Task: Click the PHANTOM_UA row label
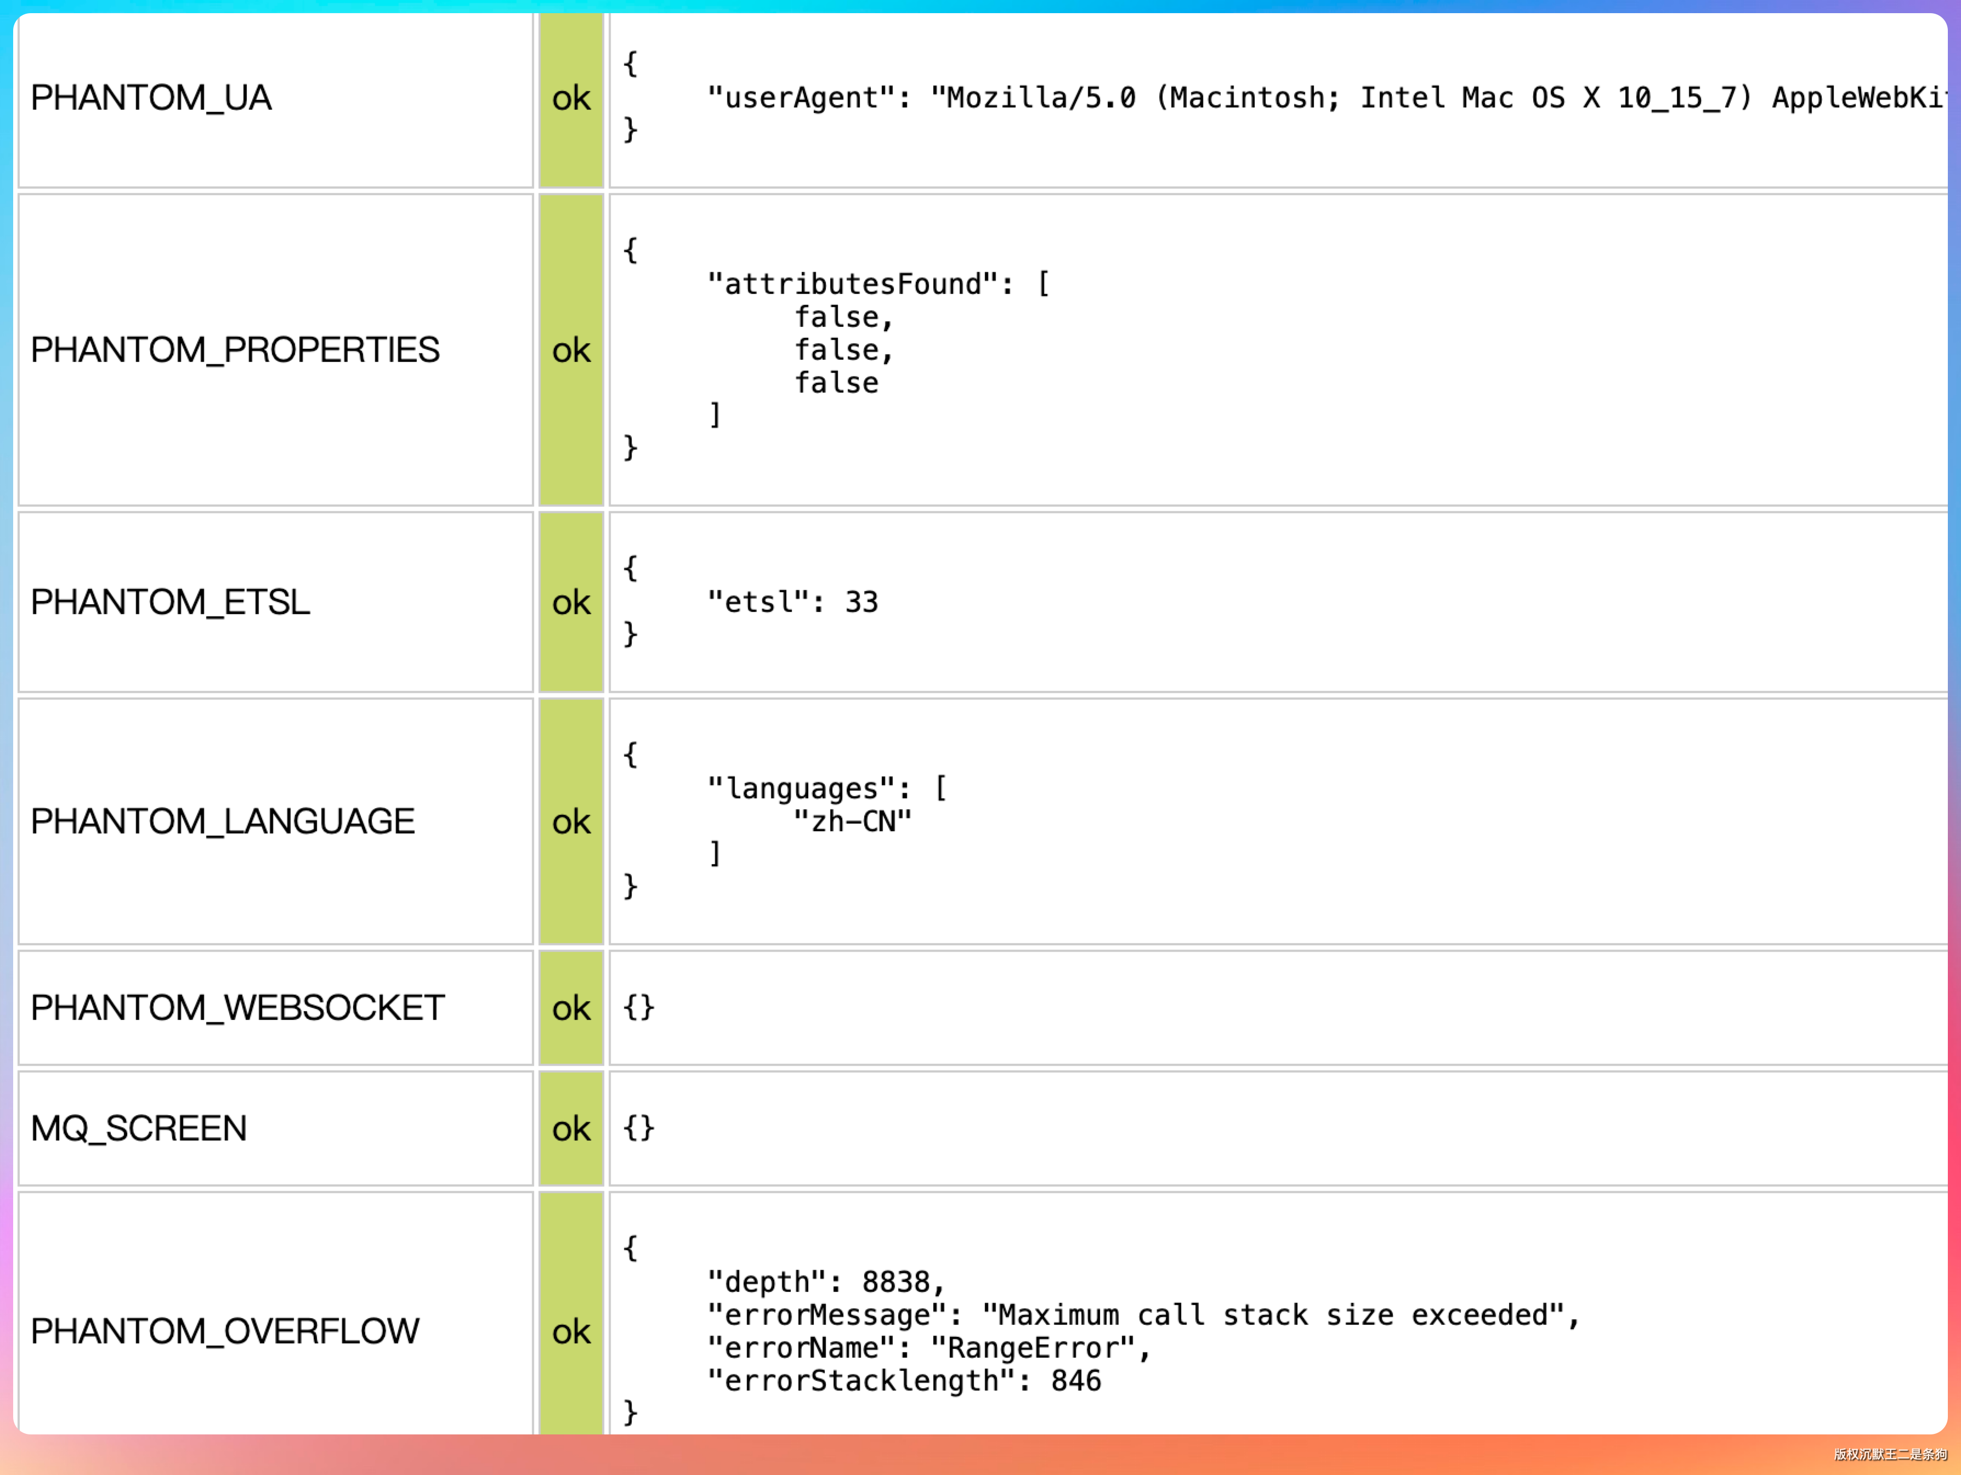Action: click(x=151, y=98)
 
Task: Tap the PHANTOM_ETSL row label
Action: click(x=170, y=603)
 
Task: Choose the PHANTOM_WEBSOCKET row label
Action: click(x=237, y=1008)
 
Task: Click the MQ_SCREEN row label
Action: click(x=139, y=1128)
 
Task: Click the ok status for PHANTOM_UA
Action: click(x=571, y=98)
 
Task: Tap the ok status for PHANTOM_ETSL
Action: click(x=571, y=603)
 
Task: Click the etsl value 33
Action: click(x=861, y=603)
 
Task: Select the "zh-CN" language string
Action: click(x=852, y=821)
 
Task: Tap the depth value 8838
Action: click(x=896, y=1282)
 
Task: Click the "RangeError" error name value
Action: click(x=1033, y=1348)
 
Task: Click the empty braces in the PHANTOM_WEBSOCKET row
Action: click(x=638, y=1008)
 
